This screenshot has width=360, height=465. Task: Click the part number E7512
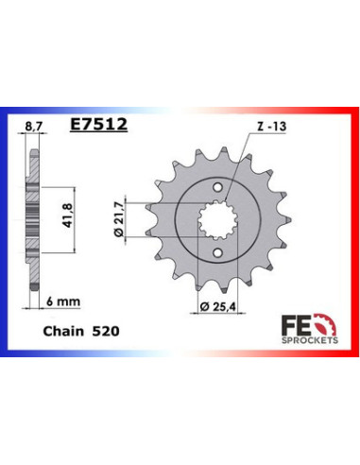[x=100, y=123]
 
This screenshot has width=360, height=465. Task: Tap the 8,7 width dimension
[x=33, y=123]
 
